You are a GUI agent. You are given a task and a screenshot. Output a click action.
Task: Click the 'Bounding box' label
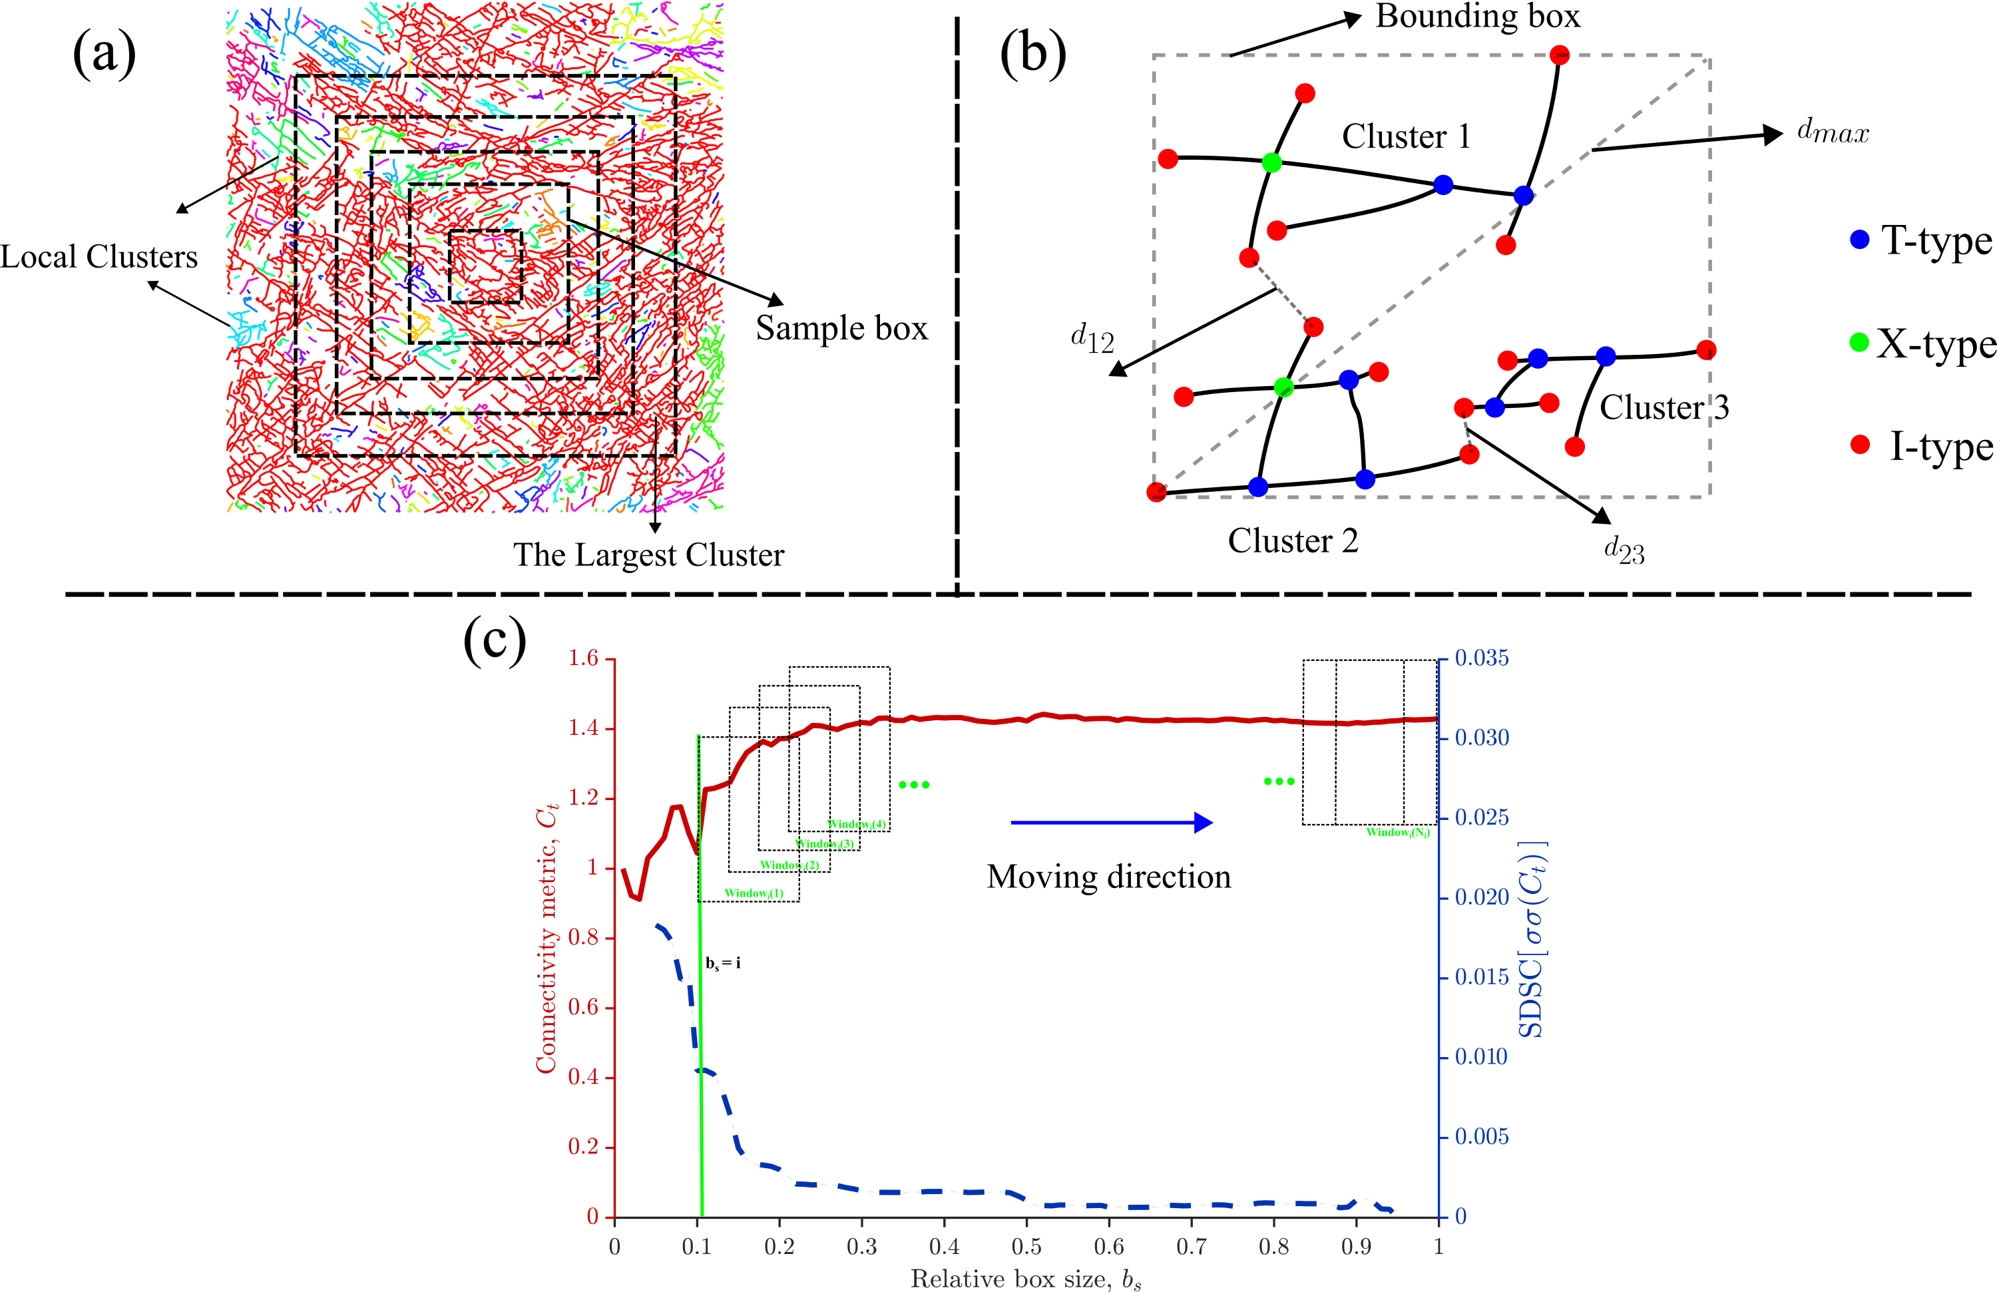tap(1476, 17)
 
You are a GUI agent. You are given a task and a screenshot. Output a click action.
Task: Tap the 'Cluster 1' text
tap(1407, 136)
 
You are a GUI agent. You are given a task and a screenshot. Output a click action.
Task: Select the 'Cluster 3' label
tap(1664, 408)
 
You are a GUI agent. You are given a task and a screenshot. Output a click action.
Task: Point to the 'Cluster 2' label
tap(1292, 541)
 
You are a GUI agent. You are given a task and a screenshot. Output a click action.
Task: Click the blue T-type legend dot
tap(1859, 240)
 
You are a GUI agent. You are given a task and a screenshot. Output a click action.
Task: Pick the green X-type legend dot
tap(1859, 342)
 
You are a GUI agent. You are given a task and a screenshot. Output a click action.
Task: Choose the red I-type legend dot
tap(1859, 445)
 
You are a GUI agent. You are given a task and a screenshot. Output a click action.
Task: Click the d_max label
tap(1833, 132)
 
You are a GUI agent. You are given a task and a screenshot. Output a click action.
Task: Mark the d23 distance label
tap(1624, 550)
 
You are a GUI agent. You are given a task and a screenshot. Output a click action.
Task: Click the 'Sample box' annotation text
tap(841, 328)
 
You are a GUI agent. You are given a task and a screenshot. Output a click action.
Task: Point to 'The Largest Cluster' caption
tap(648, 555)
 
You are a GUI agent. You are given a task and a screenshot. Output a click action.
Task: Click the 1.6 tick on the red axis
tap(583, 658)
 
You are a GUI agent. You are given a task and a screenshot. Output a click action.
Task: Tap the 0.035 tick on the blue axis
tap(1481, 658)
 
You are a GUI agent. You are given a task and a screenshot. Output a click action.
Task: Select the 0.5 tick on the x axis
tap(1026, 1247)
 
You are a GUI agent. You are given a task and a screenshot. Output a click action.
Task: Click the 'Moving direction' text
tap(1108, 877)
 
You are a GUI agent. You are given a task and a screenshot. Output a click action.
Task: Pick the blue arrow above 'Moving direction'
tap(1111, 822)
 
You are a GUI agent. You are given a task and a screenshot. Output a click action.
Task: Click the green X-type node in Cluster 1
tap(1271, 163)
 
